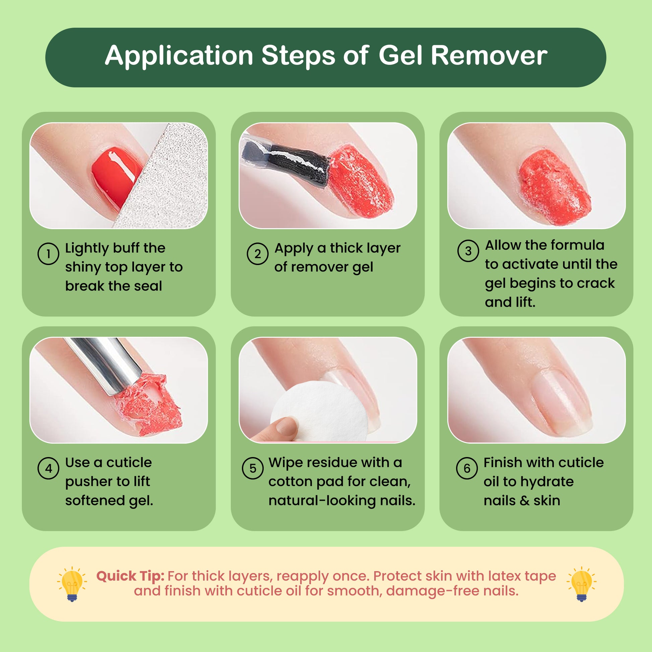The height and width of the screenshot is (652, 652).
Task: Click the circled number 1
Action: point(48,254)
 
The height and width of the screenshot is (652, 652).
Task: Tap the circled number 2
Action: point(258,254)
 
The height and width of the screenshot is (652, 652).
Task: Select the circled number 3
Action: point(468,251)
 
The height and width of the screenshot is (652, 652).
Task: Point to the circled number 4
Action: point(48,468)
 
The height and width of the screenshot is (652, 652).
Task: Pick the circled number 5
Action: point(253,468)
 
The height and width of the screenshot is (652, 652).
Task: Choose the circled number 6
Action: point(467,468)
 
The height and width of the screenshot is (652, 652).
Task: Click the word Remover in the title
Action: point(489,55)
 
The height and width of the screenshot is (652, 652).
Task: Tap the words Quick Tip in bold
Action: point(130,576)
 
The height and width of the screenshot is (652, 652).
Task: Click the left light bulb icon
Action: point(72,584)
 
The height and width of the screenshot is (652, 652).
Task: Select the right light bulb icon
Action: point(581,584)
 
